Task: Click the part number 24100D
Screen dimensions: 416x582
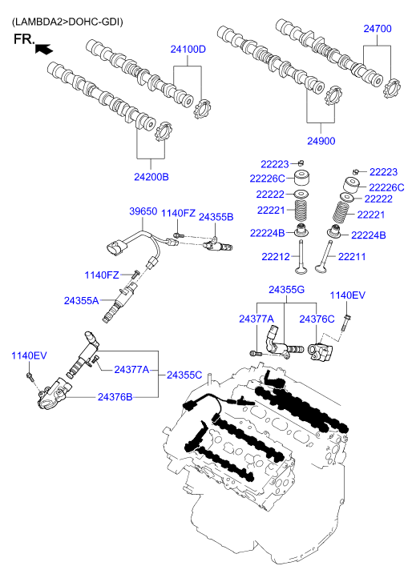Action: (188, 50)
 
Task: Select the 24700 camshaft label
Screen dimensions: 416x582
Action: (378, 29)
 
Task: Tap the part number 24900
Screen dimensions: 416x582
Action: (321, 141)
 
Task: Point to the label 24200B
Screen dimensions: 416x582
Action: (151, 177)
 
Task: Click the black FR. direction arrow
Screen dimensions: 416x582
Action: (44, 49)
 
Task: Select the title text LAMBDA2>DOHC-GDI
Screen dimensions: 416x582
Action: (67, 22)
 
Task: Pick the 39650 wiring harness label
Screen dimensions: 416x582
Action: (143, 211)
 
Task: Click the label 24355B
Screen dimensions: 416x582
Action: (216, 217)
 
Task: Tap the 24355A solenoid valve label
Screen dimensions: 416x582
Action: (82, 301)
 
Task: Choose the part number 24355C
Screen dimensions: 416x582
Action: (184, 375)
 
